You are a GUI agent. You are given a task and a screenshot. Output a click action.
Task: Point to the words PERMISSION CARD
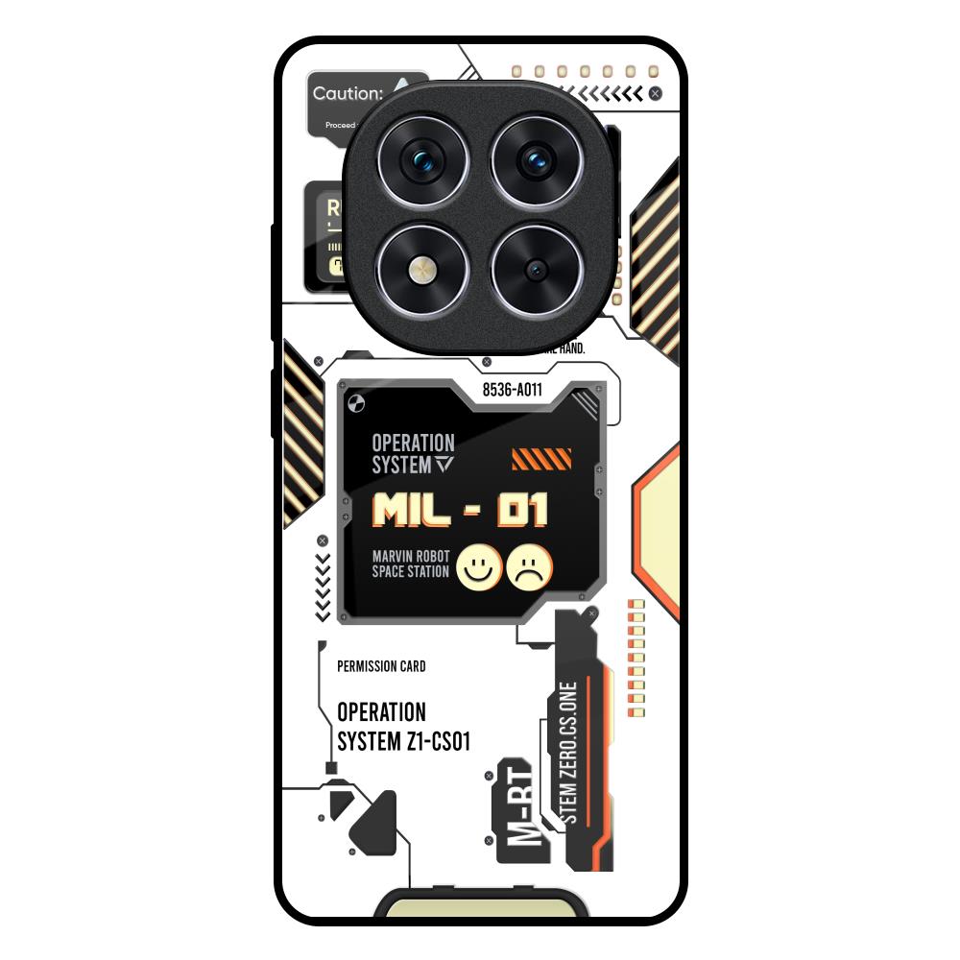click(x=381, y=666)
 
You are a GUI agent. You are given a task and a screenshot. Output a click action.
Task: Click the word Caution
click(x=348, y=94)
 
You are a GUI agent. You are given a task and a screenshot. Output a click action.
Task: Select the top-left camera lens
click(x=422, y=160)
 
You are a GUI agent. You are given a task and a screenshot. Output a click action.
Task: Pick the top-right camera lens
click(x=536, y=160)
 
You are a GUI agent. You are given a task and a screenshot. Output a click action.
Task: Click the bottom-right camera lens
click(x=536, y=270)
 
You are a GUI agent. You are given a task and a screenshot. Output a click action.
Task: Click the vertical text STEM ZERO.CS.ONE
click(x=567, y=752)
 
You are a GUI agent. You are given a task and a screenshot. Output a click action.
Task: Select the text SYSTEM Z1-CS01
click(x=403, y=741)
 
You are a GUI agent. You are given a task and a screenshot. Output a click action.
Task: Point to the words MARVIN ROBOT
click(x=410, y=556)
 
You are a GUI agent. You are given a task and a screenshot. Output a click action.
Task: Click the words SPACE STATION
click(x=410, y=572)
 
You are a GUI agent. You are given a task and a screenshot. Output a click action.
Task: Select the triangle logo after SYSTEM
click(x=443, y=466)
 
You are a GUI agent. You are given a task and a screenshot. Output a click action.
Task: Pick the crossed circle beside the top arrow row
click(x=655, y=93)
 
